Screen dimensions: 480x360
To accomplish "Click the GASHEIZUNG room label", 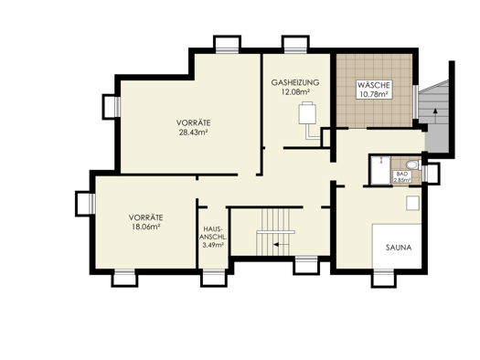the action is coord(295,82).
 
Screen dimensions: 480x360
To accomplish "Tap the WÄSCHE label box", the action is coord(374,90).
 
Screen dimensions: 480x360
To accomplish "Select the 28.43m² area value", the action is coord(194,132).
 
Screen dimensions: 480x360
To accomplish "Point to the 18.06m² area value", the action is coord(145,227).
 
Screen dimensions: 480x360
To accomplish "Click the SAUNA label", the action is coord(399,248).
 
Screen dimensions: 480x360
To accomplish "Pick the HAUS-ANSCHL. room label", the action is coord(213,233).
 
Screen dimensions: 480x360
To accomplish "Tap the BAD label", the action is coord(402,174).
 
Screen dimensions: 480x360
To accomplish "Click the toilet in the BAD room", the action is coord(412,165).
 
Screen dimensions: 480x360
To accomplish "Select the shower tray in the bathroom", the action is coord(380,170).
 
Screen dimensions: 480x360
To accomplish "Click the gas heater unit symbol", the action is coord(307,113).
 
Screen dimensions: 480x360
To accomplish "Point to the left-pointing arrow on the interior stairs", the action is coord(281,244).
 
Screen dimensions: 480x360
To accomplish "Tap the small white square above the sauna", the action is coord(412,203).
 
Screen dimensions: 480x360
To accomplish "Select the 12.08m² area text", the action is coord(295,91).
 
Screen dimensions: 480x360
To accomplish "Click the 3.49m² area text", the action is coord(213,245).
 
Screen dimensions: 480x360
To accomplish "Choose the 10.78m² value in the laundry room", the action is coord(374,94).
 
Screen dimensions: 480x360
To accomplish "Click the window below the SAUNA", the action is coord(384,277).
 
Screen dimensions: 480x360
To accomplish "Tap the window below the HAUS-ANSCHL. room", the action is coord(213,277).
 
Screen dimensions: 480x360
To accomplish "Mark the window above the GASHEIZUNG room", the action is coord(295,45).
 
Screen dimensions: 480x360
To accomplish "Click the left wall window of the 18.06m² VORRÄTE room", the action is coord(86,204).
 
